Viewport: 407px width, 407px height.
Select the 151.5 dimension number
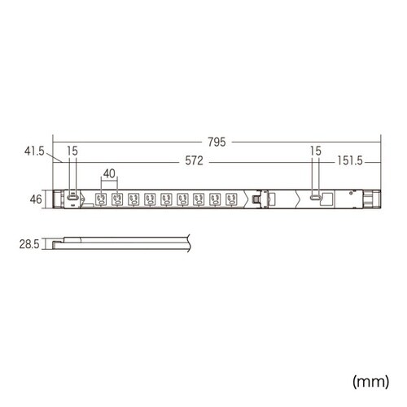click(348, 161)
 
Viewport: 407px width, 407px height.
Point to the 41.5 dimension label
click(33, 151)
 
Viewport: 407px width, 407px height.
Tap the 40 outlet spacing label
click(108, 173)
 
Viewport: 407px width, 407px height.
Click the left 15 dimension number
click(73, 151)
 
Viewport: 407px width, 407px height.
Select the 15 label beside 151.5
click(316, 151)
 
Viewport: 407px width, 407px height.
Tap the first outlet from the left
click(100, 198)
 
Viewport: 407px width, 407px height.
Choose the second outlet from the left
click(116, 198)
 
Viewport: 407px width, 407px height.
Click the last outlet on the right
click(232, 198)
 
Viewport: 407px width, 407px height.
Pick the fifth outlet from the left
click(166, 198)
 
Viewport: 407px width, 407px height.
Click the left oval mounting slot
click(73, 197)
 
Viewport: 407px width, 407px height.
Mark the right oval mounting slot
click(315, 198)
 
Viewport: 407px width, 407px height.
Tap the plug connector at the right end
click(372, 198)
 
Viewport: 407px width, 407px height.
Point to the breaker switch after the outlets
click(258, 198)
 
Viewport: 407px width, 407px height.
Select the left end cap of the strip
click(58, 198)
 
